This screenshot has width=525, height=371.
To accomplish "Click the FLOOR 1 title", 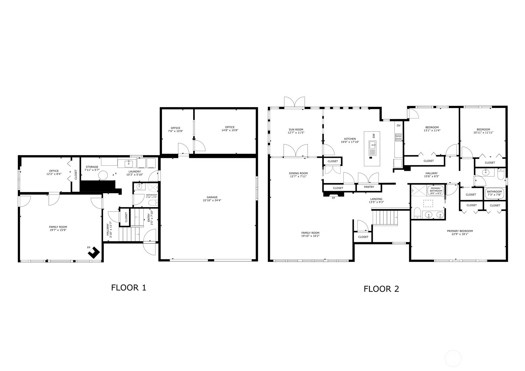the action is pos(129,287).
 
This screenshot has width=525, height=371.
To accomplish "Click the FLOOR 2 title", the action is pos(381,289).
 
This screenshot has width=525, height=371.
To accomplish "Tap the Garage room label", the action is pos(212,197).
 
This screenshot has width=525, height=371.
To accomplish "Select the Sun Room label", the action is pos(296,129).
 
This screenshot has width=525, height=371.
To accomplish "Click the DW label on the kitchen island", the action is pos(374,136).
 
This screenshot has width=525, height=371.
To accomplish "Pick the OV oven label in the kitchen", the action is pos(398,125).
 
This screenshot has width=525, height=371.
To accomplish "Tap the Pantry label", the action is pos(369,187).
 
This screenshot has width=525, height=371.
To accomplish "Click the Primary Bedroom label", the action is pos(460,231).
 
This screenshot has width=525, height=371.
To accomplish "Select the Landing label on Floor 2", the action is pos(376,199).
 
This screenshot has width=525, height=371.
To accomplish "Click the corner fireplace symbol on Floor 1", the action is pos(94,253).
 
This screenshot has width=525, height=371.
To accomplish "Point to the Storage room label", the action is pos(92,167).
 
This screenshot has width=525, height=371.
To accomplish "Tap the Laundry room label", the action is pos(135,171).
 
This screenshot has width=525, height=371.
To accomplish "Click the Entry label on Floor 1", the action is pos(149,218).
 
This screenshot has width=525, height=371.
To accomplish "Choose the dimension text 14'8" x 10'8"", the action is pos(230,130).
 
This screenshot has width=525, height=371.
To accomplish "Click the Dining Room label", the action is pos(298,173).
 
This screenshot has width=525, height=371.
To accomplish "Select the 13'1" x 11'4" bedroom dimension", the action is pos(432,130).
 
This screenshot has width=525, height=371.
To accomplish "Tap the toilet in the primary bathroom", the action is pos(417,213).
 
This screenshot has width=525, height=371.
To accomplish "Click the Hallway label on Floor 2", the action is pos(432,173).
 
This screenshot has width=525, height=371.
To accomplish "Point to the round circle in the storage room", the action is pos(103,175).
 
